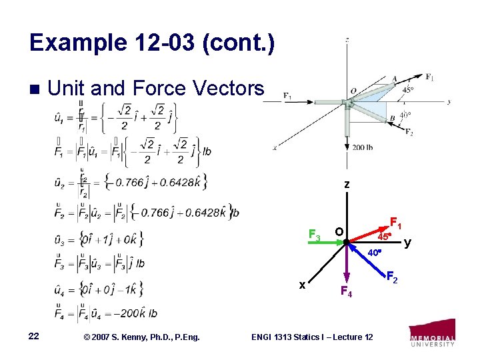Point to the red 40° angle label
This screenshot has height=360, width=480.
375,253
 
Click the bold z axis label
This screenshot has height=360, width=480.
347,185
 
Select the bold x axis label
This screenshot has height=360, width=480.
302,285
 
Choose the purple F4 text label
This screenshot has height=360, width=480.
345,291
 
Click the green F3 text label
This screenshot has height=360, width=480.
314,235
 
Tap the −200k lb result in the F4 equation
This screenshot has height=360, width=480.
135,313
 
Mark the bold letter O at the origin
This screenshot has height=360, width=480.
339,231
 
